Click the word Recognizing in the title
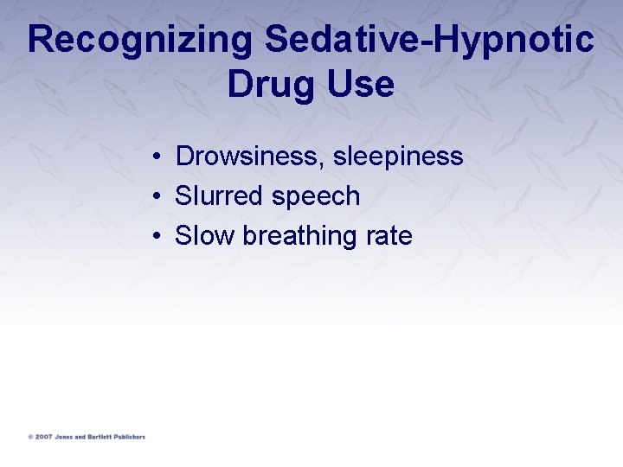[x=141, y=41]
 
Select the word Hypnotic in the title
[x=504, y=41]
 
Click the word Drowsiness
[x=249, y=157]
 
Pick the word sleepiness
[x=398, y=157]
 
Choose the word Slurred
[x=219, y=196]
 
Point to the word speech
[x=316, y=197]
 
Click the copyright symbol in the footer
[x=29, y=437]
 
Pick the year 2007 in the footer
[x=42, y=437]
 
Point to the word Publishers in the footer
[x=131, y=437]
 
